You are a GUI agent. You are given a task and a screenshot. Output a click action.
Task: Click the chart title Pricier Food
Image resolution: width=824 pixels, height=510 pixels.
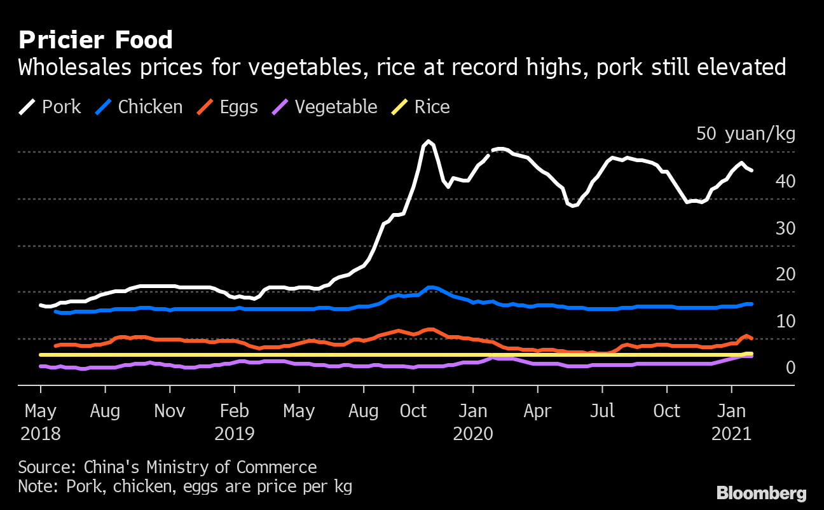[95, 40]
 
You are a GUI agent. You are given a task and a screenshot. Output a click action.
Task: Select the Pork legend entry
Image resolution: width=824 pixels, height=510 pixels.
[50, 107]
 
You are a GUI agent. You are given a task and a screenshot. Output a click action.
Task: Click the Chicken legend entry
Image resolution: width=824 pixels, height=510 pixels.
[139, 107]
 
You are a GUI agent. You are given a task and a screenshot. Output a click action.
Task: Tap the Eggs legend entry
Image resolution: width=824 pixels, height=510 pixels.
[227, 107]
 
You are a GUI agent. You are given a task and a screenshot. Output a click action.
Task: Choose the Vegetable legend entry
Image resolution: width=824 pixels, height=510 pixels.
[324, 107]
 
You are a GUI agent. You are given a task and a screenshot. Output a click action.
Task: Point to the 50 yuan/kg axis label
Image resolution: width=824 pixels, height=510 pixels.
[745, 134]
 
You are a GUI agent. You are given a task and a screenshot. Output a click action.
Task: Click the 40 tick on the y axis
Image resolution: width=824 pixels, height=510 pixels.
[785, 181]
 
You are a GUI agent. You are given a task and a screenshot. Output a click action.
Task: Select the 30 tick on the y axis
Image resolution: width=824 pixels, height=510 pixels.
[785, 228]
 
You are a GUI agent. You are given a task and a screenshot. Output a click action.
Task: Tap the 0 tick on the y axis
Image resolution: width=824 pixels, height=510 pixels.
[790, 368]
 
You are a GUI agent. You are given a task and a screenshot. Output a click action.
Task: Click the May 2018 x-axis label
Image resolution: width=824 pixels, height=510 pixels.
[41, 422]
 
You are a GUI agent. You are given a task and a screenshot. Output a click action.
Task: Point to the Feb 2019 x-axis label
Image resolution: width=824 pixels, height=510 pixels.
[234, 422]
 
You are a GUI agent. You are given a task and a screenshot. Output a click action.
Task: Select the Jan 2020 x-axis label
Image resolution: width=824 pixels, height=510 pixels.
[473, 422]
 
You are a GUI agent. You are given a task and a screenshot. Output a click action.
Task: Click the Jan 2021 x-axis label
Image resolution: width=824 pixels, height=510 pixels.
[731, 422]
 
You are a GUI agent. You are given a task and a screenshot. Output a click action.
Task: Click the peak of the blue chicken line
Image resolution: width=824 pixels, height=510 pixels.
[431, 287]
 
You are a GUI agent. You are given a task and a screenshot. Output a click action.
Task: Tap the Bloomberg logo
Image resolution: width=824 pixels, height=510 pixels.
[761, 493]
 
